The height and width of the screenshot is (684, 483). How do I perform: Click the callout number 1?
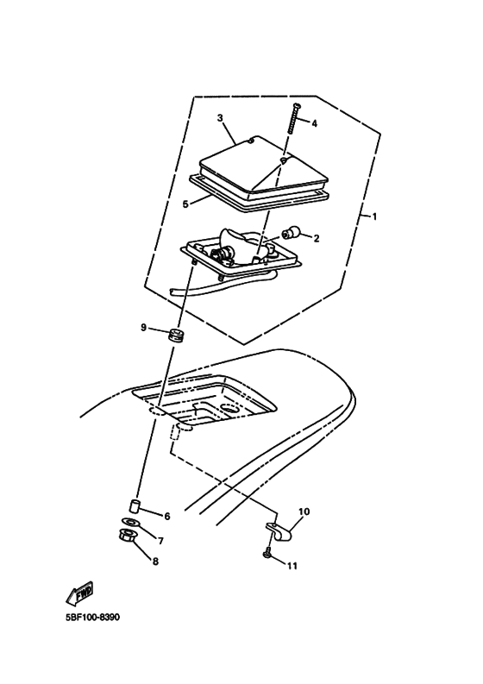pyautogui.click(x=374, y=216)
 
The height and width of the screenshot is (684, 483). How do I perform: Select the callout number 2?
pyautogui.click(x=316, y=238)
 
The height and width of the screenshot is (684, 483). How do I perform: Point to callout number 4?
pyautogui.click(x=314, y=123)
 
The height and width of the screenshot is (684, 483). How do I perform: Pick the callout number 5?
pyautogui.click(x=185, y=204)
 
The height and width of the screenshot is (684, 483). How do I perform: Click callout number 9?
pyautogui.click(x=144, y=328)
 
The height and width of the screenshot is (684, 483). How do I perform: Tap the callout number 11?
pyautogui.click(x=292, y=566)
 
